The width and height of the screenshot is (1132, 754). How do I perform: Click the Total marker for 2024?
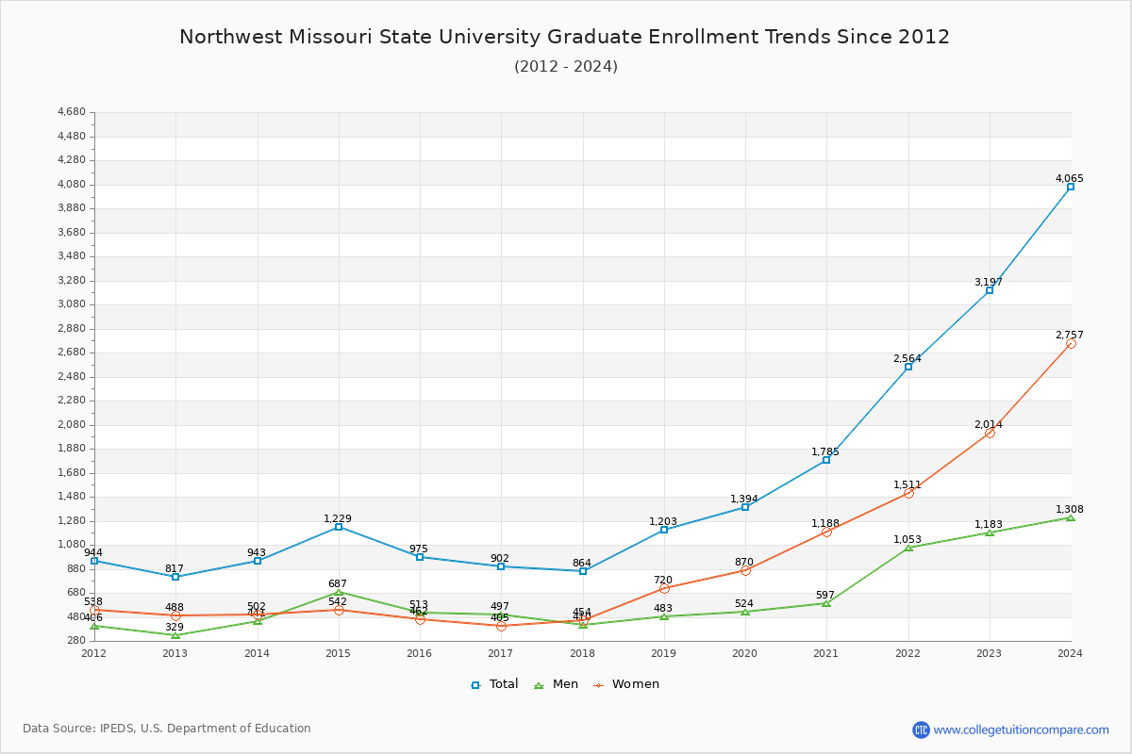tap(1071, 187)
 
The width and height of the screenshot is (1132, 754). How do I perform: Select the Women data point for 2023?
tap(990, 433)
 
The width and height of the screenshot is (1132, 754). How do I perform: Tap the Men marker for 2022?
tap(908, 548)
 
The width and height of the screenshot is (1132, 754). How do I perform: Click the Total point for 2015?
tap(339, 527)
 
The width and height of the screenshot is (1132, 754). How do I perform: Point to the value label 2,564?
tap(907, 358)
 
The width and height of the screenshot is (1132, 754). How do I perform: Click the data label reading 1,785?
tap(825, 451)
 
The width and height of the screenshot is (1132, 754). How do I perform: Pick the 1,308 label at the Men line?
tap(1070, 509)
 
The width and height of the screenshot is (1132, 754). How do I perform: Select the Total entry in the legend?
tap(495, 684)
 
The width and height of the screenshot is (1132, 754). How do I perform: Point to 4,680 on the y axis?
tap(72, 112)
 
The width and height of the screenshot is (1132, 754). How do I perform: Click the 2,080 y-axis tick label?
tap(72, 425)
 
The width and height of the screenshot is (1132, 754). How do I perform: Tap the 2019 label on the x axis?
tap(663, 653)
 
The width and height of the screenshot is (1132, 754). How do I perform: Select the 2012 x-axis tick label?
tap(94, 653)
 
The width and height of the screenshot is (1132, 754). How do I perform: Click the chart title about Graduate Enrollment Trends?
tap(565, 37)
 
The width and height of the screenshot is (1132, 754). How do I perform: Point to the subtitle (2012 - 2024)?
tap(566, 66)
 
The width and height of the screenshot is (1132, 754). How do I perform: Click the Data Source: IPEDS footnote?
tap(167, 729)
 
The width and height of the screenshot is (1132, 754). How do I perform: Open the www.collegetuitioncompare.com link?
tap(1021, 729)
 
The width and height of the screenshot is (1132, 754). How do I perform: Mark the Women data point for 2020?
tap(745, 570)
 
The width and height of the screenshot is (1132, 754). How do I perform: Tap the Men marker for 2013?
tap(175, 635)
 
